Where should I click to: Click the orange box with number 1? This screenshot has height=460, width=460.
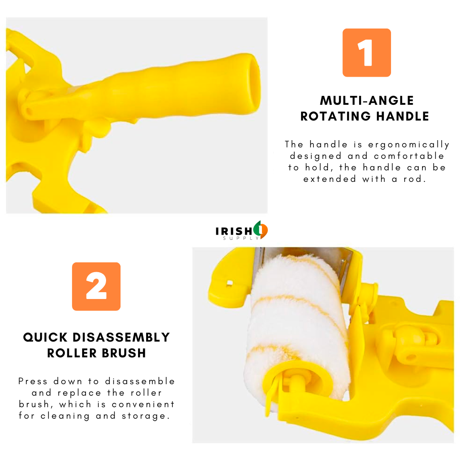[x=366, y=53]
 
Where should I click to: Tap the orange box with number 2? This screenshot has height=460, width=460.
[x=96, y=286]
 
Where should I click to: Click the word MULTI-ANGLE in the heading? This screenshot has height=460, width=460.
[x=367, y=101]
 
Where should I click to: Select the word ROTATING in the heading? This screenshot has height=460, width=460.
[x=336, y=116]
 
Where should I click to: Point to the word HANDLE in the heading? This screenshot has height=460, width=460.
[x=403, y=116]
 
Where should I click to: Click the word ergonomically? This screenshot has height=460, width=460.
[x=408, y=145]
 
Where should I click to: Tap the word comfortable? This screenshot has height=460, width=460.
[x=409, y=156]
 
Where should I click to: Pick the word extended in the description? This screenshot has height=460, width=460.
[x=329, y=178]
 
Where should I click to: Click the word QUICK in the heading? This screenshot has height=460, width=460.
[x=45, y=337]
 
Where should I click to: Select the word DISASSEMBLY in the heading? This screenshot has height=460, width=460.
[x=121, y=337]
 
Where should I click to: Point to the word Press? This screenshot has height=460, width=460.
[x=32, y=381]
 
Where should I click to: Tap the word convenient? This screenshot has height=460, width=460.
[x=143, y=404]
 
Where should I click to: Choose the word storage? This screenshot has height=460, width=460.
[x=146, y=416]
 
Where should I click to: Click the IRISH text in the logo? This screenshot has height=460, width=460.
[x=234, y=231]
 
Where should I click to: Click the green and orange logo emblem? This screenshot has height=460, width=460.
[x=261, y=230]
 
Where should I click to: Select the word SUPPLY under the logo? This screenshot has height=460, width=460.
[x=241, y=238]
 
